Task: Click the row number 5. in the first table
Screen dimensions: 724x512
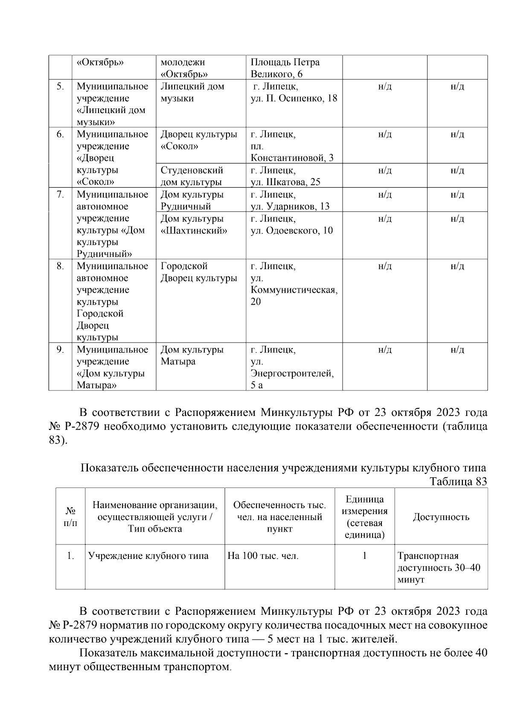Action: coord(60,87)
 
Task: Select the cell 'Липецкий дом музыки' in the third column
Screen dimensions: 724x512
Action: coord(192,93)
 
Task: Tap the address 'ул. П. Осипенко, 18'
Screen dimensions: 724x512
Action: coord(294,99)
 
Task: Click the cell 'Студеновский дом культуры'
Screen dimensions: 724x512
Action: coord(192,176)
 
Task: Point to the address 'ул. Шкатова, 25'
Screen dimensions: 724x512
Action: coord(285,182)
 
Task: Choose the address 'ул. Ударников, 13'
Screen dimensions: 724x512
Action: coord(290,206)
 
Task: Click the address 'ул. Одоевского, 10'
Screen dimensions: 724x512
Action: coord(292,231)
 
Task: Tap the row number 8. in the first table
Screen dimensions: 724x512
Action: coord(60,266)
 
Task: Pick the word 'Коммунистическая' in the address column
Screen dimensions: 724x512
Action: coord(294,290)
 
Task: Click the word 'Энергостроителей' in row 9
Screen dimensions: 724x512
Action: coord(292,374)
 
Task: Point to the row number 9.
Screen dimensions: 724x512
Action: coord(60,350)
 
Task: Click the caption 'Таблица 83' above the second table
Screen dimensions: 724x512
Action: coord(458,481)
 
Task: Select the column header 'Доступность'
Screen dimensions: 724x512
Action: coord(441,517)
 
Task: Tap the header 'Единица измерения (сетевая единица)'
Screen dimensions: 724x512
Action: coord(364,517)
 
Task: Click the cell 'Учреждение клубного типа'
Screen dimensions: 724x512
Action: coord(148,556)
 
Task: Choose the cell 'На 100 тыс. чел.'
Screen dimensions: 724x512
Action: coord(263,556)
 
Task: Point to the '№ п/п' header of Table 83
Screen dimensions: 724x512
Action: coord(70,517)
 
